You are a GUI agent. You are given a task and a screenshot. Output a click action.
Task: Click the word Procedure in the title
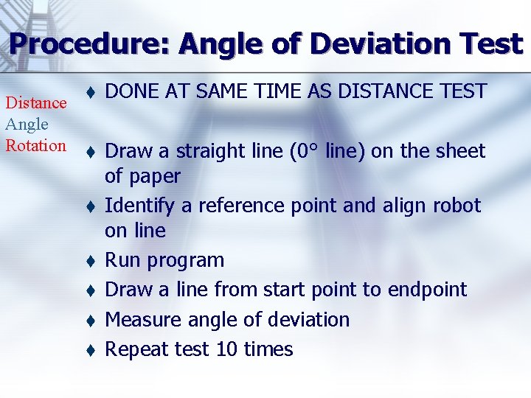[x=88, y=44]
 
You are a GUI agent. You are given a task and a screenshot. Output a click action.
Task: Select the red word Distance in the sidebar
[x=35, y=104]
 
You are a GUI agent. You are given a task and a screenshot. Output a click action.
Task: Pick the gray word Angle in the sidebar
[x=27, y=125]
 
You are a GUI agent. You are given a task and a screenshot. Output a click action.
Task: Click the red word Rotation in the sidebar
[x=35, y=145]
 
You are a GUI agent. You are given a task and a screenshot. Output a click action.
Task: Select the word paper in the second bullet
[x=153, y=177]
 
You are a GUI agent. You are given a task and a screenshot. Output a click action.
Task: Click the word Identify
[x=139, y=206]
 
